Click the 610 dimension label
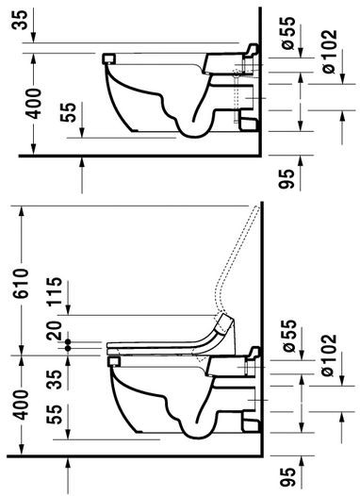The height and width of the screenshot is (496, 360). (21, 283)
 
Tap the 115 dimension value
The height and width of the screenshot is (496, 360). (55, 291)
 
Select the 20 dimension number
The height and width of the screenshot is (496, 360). (54, 330)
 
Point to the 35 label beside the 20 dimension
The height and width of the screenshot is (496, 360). (55, 379)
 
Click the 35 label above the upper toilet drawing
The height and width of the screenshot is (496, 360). (20, 20)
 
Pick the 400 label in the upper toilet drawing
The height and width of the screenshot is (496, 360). (34, 104)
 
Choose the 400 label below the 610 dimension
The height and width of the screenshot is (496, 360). (22, 405)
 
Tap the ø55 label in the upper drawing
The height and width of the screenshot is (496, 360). (288, 33)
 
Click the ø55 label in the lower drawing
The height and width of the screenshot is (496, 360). (289, 336)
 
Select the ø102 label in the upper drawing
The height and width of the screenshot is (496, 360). (330, 52)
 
